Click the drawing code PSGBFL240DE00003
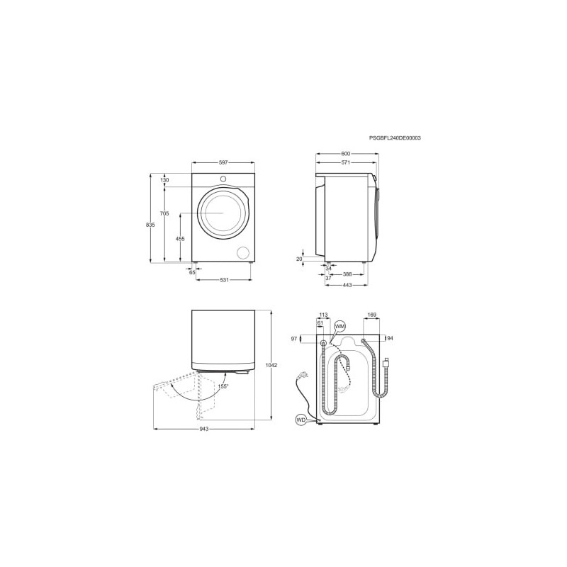click(x=395, y=137)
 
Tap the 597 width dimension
click(x=223, y=163)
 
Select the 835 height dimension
click(x=150, y=225)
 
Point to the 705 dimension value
click(x=164, y=214)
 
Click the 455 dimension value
click(x=180, y=239)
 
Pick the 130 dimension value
click(x=164, y=180)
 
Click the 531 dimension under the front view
click(x=224, y=280)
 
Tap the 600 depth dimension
click(x=346, y=154)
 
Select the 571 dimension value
click(x=346, y=163)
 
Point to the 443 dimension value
click(x=347, y=285)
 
